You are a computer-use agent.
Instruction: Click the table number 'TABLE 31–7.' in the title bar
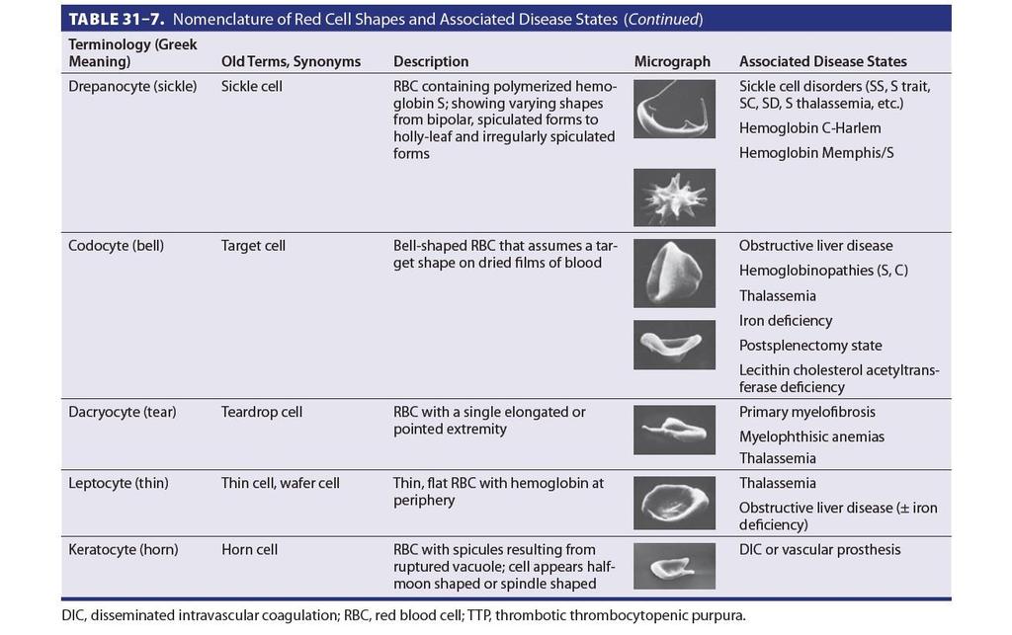coord(117,20)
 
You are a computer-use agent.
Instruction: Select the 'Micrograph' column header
coord(672,61)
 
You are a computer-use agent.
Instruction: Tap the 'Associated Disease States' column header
coord(823,61)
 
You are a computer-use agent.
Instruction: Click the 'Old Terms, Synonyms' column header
coord(292,62)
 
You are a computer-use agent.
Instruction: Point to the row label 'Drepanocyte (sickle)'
coord(132,86)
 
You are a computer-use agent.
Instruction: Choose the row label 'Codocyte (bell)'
coord(117,246)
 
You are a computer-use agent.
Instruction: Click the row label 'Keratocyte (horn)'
coord(124,549)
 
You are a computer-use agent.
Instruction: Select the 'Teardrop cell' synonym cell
coord(261,412)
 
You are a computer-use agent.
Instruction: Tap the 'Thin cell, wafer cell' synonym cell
coord(280,483)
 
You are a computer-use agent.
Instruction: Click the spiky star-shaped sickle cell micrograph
coord(674,198)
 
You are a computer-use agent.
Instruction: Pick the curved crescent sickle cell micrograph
coord(674,109)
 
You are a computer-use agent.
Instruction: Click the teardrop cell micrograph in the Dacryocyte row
coord(674,430)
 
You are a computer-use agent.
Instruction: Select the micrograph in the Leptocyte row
coord(674,503)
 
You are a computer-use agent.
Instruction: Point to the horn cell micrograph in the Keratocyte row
coord(674,566)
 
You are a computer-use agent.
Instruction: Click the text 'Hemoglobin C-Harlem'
coord(810,128)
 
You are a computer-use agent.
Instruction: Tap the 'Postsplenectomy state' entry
coord(810,346)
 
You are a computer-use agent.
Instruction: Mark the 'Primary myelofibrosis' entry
coord(807,412)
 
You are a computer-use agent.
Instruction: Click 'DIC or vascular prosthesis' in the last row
coord(819,549)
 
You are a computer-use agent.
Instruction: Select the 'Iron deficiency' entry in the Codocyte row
coord(786,320)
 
